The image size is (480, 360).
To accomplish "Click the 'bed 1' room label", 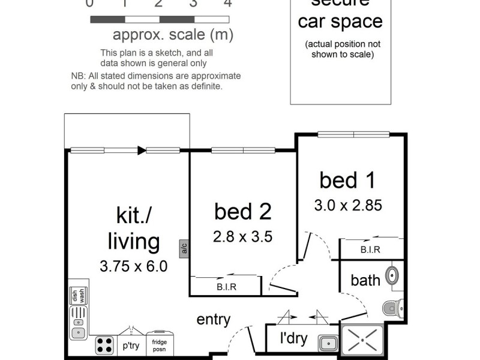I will [x=348, y=180].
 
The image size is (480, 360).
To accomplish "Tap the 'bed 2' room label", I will [x=243, y=211].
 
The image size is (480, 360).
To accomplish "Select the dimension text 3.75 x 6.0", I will [x=134, y=266].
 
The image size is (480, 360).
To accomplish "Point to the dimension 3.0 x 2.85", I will [x=348, y=205].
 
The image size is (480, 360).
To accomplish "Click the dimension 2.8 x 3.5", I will [x=243, y=236].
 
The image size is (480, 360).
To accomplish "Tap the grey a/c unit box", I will [x=184, y=248].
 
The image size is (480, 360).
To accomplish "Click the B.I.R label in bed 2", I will [x=226, y=287].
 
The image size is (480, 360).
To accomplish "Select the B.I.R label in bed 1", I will [x=370, y=250].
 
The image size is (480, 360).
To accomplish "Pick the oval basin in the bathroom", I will [x=392, y=275].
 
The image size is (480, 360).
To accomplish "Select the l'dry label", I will [x=293, y=338].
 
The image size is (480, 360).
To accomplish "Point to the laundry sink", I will [x=328, y=343].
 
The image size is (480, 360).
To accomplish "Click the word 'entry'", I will [x=214, y=320].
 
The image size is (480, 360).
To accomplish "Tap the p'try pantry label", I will [x=131, y=346].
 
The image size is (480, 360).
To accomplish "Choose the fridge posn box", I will [x=160, y=344].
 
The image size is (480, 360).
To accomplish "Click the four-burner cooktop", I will [x=105, y=344].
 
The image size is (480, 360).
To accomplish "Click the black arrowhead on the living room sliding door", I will [x=142, y=151].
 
